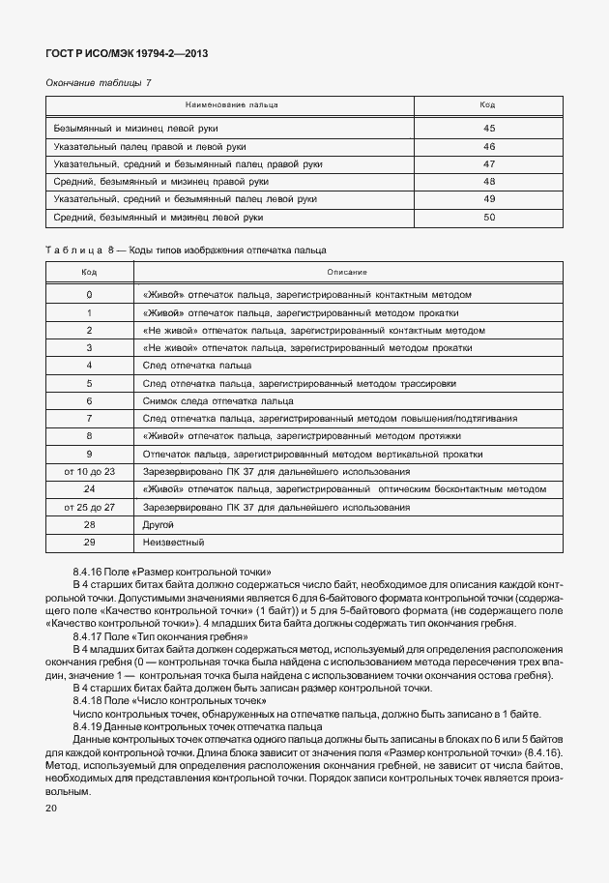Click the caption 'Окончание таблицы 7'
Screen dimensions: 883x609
(x=99, y=84)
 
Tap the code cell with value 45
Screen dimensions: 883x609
(x=488, y=129)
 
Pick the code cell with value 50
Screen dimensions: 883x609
(x=488, y=218)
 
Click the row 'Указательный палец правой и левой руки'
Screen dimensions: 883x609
(x=149, y=146)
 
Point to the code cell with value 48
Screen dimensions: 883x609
(x=488, y=182)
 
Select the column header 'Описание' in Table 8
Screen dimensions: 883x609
(x=347, y=272)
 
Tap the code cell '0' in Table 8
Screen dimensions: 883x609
(x=89, y=294)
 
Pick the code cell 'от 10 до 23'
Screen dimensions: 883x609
(x=89, y=471)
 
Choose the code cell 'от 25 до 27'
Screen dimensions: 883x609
(x=89, y=507)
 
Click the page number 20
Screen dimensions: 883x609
(x=52, y=807)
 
